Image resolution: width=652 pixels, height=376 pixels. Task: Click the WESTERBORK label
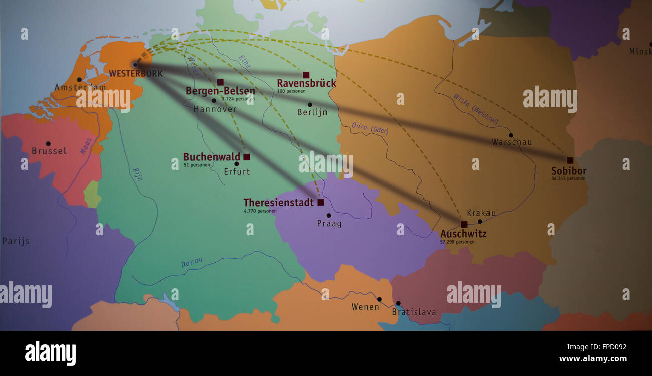tap(136, 74)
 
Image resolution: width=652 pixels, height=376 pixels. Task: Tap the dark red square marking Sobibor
tap(570, 160)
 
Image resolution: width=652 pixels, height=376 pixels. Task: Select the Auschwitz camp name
tap(463, 234)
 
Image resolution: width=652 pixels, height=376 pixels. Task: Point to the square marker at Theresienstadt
tap(320, 202)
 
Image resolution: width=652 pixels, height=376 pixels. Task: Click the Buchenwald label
tap(211, 157)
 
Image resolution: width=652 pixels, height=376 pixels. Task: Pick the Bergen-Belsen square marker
tap(220, 82)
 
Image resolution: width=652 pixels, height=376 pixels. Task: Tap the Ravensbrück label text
tap(306, 83)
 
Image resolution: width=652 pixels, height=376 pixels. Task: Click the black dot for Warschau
tap(510, 135)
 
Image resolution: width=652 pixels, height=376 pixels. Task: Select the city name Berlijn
tap(312, 112)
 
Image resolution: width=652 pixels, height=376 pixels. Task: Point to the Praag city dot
tap(328, 215)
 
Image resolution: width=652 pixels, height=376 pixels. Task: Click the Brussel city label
tap(49, 151)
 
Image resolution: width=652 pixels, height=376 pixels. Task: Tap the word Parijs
tap(16, 241)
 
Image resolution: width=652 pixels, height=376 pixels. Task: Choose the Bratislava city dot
tap(398, 303)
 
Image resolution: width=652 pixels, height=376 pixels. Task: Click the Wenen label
tap(365, 307)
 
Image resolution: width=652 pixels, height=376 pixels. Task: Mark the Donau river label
tap(192, 262)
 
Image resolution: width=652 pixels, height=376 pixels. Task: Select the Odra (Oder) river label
tap(370, 129)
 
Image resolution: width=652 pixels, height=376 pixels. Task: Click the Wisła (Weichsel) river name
tap(475, 109)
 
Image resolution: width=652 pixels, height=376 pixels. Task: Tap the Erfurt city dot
tap(236, 163)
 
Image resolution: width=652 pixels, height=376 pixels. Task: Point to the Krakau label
tap(481, 213)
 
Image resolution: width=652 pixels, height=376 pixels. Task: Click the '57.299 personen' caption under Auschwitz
tap(457, 242)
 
